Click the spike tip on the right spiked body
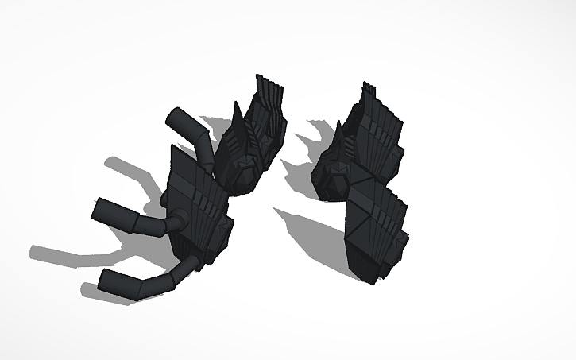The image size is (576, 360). [x=340, y=127]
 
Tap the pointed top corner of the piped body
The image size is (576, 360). [x=173, y=149]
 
